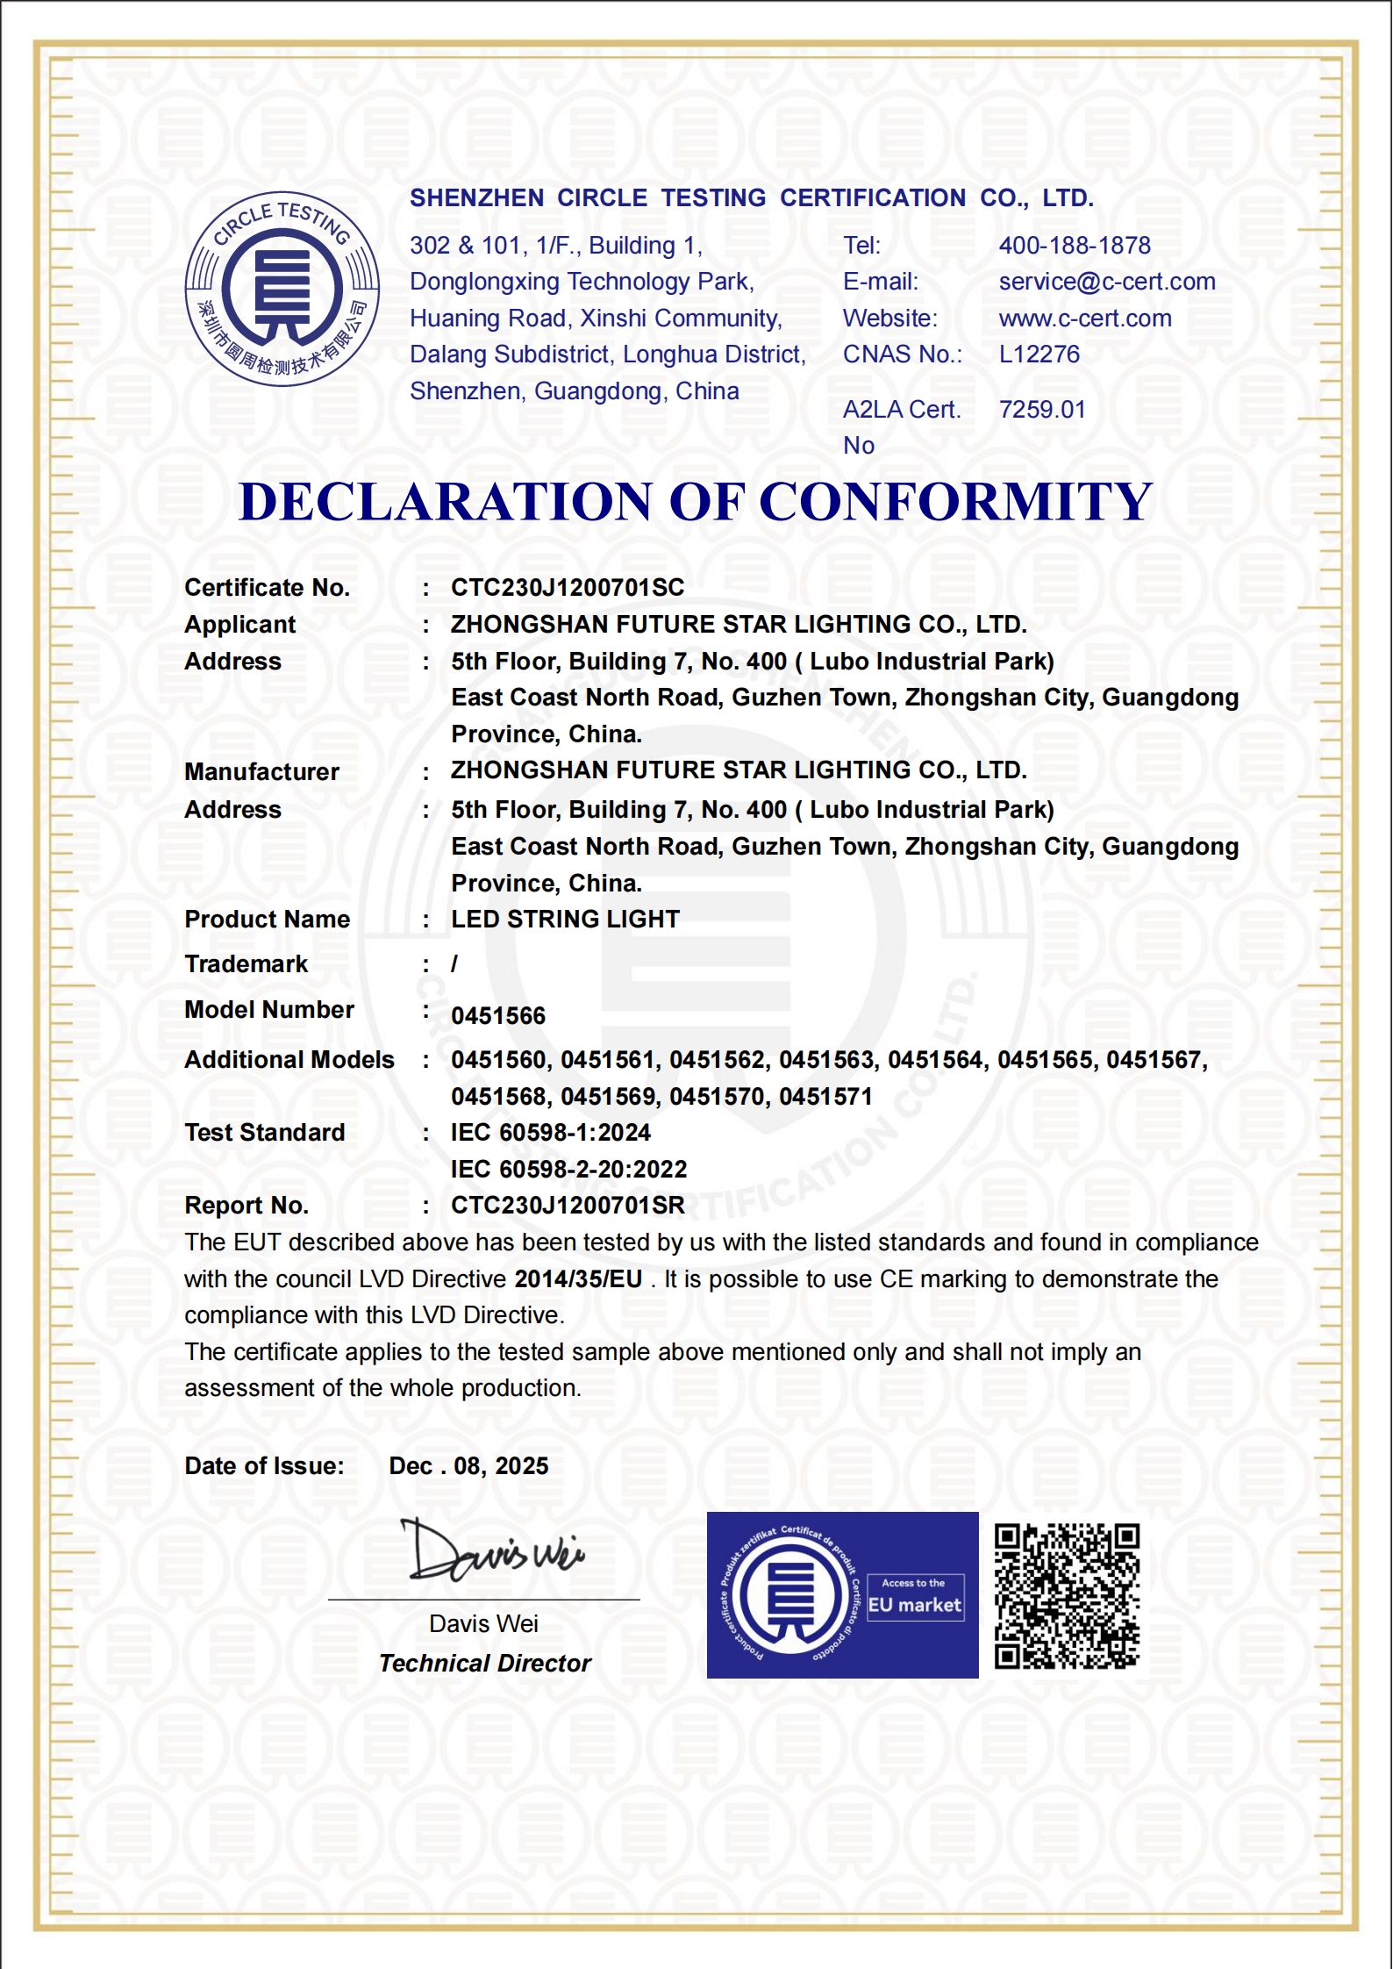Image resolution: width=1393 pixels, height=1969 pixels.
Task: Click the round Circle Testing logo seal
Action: (x=282, y=289)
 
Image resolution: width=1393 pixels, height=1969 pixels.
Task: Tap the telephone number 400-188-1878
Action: (x=1074, y=246)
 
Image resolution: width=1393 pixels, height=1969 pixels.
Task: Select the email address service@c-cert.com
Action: (x=1106, y=282)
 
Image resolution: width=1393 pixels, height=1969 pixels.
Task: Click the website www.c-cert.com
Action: (x=1084, y=319)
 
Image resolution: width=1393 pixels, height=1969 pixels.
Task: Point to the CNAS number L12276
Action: (x=1039, y=354)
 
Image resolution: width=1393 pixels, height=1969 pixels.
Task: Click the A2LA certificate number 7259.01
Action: (x=1041, y=410)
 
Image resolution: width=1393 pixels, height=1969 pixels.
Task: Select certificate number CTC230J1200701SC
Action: (x=567, y=588)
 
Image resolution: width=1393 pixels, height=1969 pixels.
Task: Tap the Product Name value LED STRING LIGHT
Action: (x=565, y=920)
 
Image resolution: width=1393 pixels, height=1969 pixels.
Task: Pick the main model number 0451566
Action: (x=497, y=1016)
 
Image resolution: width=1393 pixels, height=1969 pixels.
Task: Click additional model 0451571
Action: (x=825, y=1097)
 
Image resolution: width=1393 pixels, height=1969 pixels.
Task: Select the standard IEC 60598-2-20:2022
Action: (x=568, y=1170)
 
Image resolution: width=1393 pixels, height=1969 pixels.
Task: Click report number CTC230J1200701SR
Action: (x=567, y=1206)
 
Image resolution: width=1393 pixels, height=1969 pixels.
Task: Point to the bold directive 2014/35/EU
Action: (x=578, y=1279)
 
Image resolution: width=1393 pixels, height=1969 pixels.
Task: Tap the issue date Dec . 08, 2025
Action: (x=468, y=1466)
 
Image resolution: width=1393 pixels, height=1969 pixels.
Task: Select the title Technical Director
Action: (x=485, y=1664)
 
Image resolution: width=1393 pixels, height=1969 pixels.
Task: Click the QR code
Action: (x=1066, y=1596)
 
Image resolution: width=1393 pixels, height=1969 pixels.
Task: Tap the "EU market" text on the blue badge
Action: (x=914, y=1605)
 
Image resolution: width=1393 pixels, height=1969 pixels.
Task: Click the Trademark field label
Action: (x=246, y=964)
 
